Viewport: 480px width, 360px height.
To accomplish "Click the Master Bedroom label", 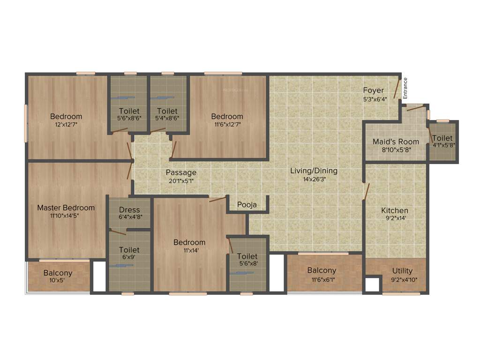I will pos(66,208).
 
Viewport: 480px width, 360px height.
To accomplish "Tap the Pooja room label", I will pos(246,204).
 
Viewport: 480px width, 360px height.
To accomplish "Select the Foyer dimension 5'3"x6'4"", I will pos(375,99).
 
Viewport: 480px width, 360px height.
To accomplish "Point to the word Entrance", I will pos(406,88).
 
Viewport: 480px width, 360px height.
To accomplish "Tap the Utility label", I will pos(402,270).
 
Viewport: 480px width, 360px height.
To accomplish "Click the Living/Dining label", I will pos(314,171).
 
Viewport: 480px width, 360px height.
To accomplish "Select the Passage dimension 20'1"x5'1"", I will pos(181,180).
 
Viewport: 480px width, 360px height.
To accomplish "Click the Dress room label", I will pos(129,210).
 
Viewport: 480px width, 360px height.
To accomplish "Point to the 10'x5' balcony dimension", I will pos(58,280).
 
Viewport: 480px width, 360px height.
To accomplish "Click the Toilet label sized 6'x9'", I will pos(129,250).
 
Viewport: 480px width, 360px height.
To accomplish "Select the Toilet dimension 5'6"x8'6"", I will pos(129,119).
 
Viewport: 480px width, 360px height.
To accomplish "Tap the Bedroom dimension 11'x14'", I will pos(189,250).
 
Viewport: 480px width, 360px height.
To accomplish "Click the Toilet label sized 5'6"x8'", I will pos(247,256).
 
